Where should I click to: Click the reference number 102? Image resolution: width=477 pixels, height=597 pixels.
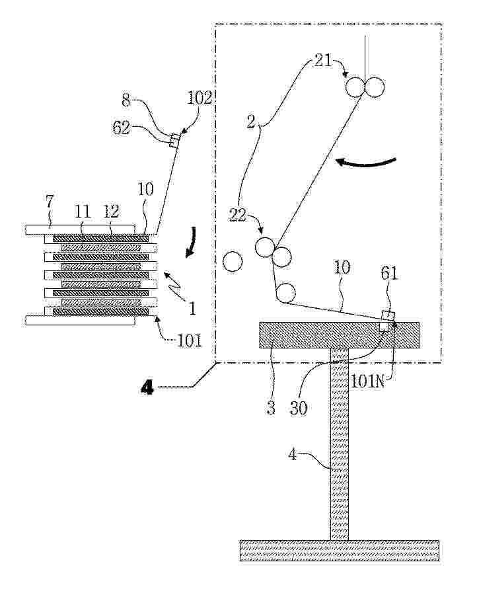click(199, 99)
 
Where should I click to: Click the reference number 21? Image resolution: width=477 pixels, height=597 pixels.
click(322, 62)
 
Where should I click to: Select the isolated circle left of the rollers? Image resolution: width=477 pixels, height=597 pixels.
click(233, 262)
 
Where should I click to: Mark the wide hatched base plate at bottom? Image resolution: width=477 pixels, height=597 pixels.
click(339, 550)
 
